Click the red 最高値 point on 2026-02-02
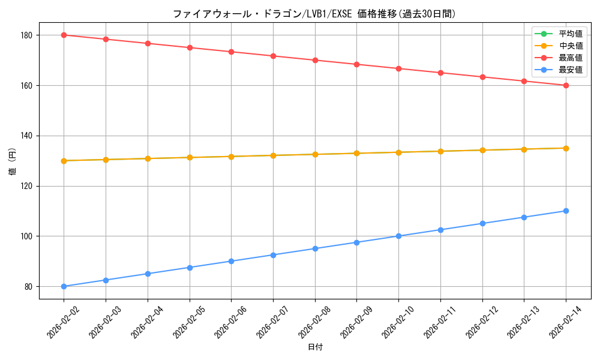tap(64, 35)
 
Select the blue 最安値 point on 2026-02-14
tap(566, 211)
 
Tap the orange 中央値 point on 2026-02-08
tap(315, 154)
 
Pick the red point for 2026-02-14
tap(566, 85)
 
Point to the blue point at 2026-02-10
tap(398, 236)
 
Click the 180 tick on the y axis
tap(27, 35)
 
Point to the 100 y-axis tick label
tap(27, 236)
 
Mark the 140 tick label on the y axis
tap(27, 136)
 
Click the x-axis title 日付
tap(315, 347)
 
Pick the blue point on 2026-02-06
tap(231, 261)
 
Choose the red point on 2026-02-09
tap(356, 64)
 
